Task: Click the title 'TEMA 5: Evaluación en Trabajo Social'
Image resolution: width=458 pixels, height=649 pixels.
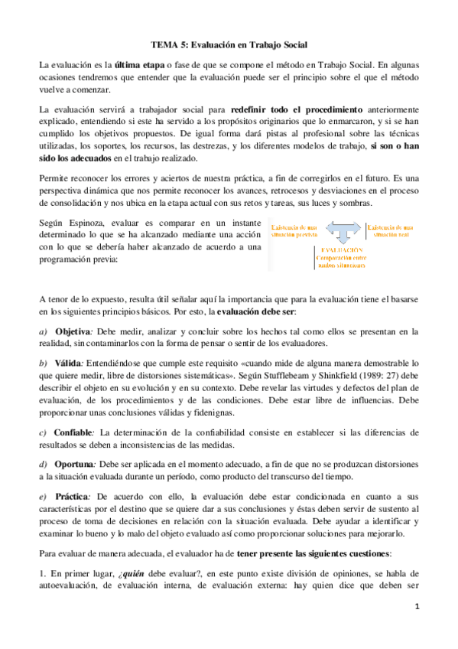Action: tap(229, 45)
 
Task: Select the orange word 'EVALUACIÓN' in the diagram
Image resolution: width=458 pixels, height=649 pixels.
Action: tap(341, 250)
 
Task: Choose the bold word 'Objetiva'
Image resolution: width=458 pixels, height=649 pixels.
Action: tap(73, 331)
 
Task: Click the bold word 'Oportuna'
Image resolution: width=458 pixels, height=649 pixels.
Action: tap(73, 464)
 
